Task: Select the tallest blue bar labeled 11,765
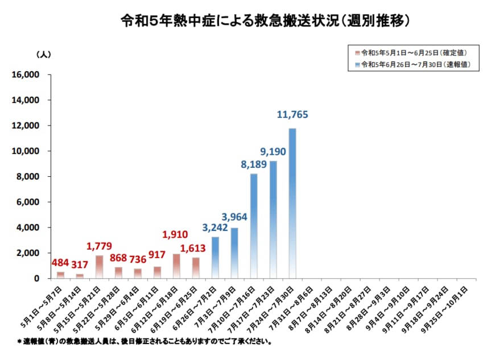[x=292, y=203]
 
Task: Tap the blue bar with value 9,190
[x=273, y=220]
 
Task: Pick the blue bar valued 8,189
[x=253, y=226]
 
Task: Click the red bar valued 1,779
[x=99, y=267]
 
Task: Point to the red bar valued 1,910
[x=176, y=266]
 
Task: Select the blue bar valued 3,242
[x=215, y=258]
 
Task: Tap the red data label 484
[x=60, y=263]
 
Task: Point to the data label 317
[x=80, y=265]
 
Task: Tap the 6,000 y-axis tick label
[x=27, y=202]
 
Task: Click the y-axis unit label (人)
[x=43, y=55]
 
